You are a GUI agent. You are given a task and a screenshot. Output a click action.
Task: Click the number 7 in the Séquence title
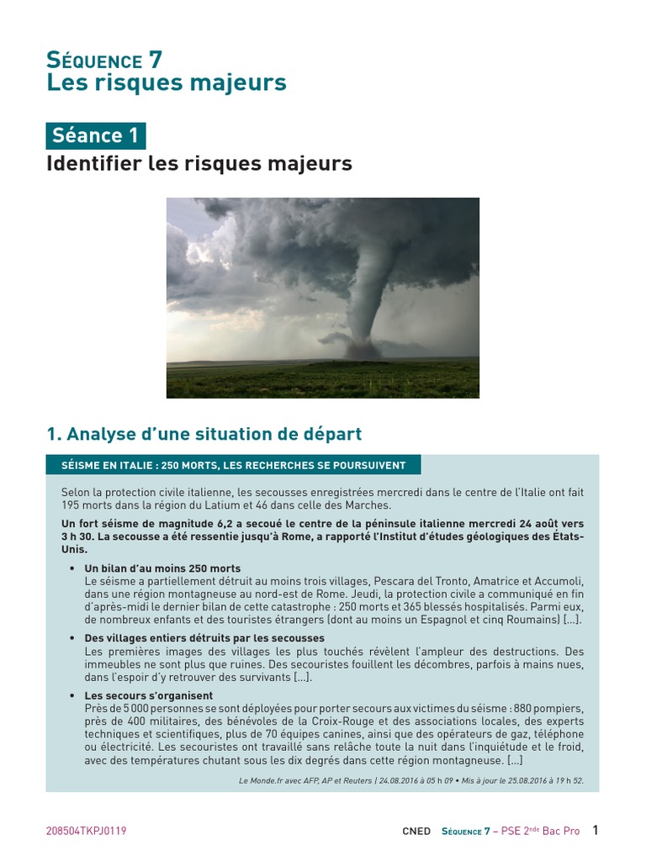(155, 60)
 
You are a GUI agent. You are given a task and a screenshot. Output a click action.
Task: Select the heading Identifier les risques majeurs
(199, 163)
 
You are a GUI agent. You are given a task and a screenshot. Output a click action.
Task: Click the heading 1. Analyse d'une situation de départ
(204, 434)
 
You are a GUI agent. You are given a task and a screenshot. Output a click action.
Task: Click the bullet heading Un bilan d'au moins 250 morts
(162, 568)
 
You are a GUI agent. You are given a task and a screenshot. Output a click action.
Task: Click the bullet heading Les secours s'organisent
(148, 695)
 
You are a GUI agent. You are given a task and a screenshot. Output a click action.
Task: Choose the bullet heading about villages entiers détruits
(204, 638)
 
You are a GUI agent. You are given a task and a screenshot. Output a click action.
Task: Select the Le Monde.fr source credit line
(411, 780)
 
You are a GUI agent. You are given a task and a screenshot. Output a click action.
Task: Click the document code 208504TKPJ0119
(86, 831)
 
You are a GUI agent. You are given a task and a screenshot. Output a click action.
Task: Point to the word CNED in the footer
(416, 832)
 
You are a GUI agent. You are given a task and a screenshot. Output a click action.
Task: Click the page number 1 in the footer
(596, 830)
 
